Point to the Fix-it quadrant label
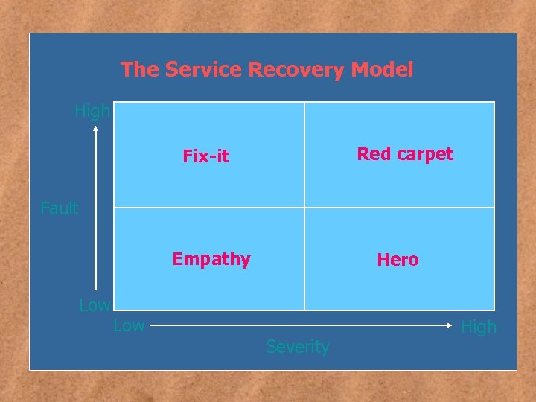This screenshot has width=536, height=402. coord(206,156)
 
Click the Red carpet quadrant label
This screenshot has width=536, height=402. coord(405,154)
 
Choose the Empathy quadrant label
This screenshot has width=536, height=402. coord(211,259)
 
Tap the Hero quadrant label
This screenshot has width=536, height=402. coord(398,260)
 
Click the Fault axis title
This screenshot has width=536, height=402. coord(60,208)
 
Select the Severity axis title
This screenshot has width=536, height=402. coord(298,347)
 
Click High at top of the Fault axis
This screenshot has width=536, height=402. coord(92,112)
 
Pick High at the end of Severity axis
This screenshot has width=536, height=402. coord(479,327)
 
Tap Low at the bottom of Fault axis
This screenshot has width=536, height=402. coord(95,305)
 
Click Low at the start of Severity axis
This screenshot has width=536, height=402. coord(129,325)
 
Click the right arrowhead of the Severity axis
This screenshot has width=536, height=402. coord(451,325)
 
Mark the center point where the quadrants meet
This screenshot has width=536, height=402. coord(304,207)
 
